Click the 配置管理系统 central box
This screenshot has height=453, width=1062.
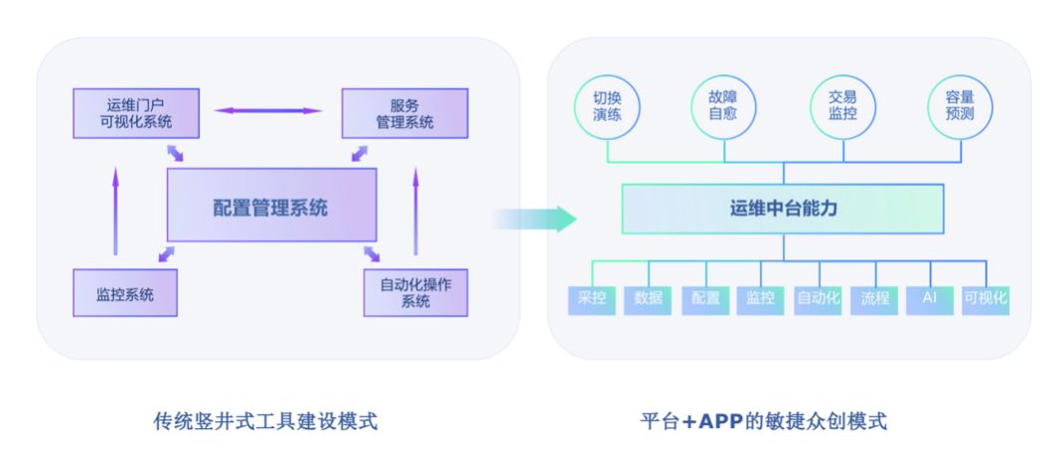[x=271, y=209]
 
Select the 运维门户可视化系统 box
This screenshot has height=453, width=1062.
[x=136, y=112]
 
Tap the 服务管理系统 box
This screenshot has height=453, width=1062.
[x=404, y=112]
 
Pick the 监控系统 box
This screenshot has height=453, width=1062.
[x=125, y=294]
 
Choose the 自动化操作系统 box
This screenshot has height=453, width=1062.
[x=415, y=293]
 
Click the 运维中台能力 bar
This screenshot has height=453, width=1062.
[x=783, y=209]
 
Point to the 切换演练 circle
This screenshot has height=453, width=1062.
[x=607, y=107]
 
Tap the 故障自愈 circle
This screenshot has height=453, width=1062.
[x=723, y=107]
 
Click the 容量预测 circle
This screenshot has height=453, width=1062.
[x=960, y=107]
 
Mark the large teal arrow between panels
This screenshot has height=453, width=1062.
[x=536, y=219]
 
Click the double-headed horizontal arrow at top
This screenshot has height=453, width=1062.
[x=269, y=110]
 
